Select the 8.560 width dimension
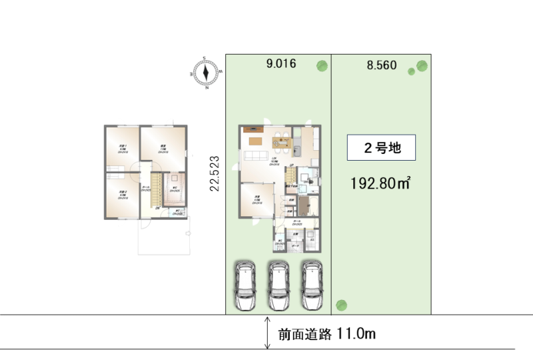[382, 65]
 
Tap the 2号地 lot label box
[382, 148]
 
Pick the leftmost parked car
[245, 285]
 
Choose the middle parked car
[277, 285]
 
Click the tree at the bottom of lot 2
[340, 306]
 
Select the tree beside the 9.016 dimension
[322, 65]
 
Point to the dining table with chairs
[280, 141]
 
